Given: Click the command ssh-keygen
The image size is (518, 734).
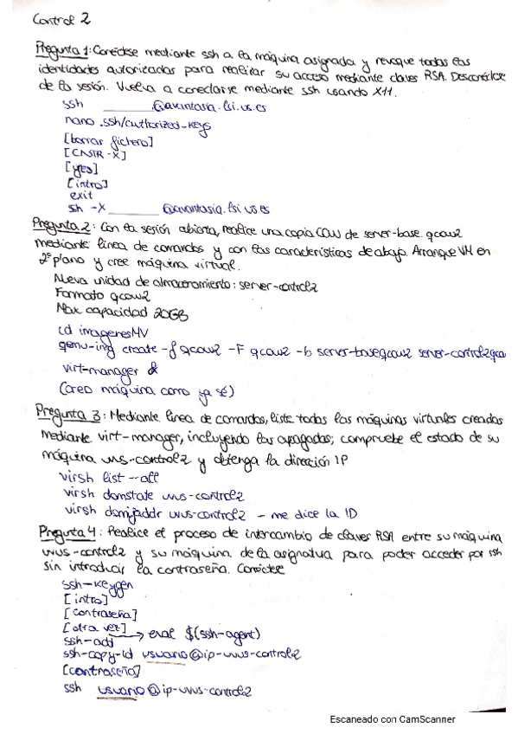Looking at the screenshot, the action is point(98,587).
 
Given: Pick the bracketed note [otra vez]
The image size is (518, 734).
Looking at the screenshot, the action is point(95,627).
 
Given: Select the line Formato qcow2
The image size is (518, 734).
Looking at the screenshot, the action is point(97,296).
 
